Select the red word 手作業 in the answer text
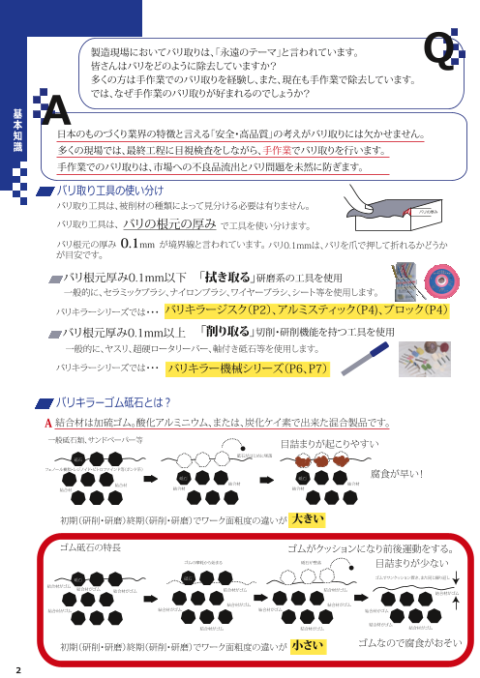coord(278,150)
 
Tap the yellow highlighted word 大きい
coord(307,519)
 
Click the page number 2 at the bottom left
coord(17,668)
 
